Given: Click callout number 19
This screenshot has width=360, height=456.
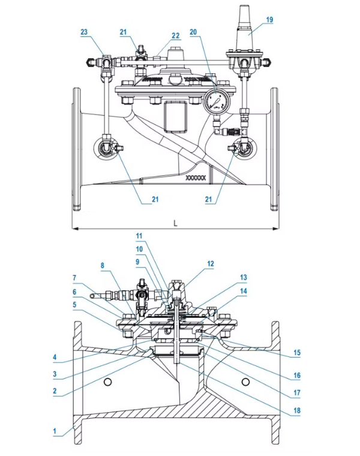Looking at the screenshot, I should (x=269, y=20).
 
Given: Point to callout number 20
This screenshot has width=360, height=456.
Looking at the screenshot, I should (x=193, y=32).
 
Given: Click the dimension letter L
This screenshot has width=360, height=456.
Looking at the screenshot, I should (x=175, y=223).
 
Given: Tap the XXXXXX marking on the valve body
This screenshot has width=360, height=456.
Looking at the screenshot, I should (x=196, y=178).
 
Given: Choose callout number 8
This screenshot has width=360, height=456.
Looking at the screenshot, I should (x=102, y=264).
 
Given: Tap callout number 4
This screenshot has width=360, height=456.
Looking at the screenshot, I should (x=54, y=358).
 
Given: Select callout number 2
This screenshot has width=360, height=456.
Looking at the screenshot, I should (x=54, y=391).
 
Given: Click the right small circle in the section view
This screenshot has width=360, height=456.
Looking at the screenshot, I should (x=244, y=382).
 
